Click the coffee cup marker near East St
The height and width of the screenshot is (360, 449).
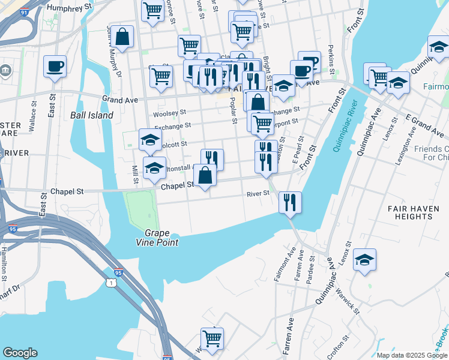point(55,66)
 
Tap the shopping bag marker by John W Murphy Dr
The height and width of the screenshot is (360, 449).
point(122,37)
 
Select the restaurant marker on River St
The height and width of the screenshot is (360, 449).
point(290,202)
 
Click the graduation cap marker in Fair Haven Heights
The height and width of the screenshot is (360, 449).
point(364,260)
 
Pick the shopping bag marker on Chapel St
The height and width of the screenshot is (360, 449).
point(205,175)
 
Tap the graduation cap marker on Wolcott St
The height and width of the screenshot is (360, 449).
point(150,140)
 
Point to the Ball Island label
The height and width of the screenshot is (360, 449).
point(92,115)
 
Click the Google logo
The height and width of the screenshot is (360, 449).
point(20,353)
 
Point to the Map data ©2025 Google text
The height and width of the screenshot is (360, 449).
point(412,355)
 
